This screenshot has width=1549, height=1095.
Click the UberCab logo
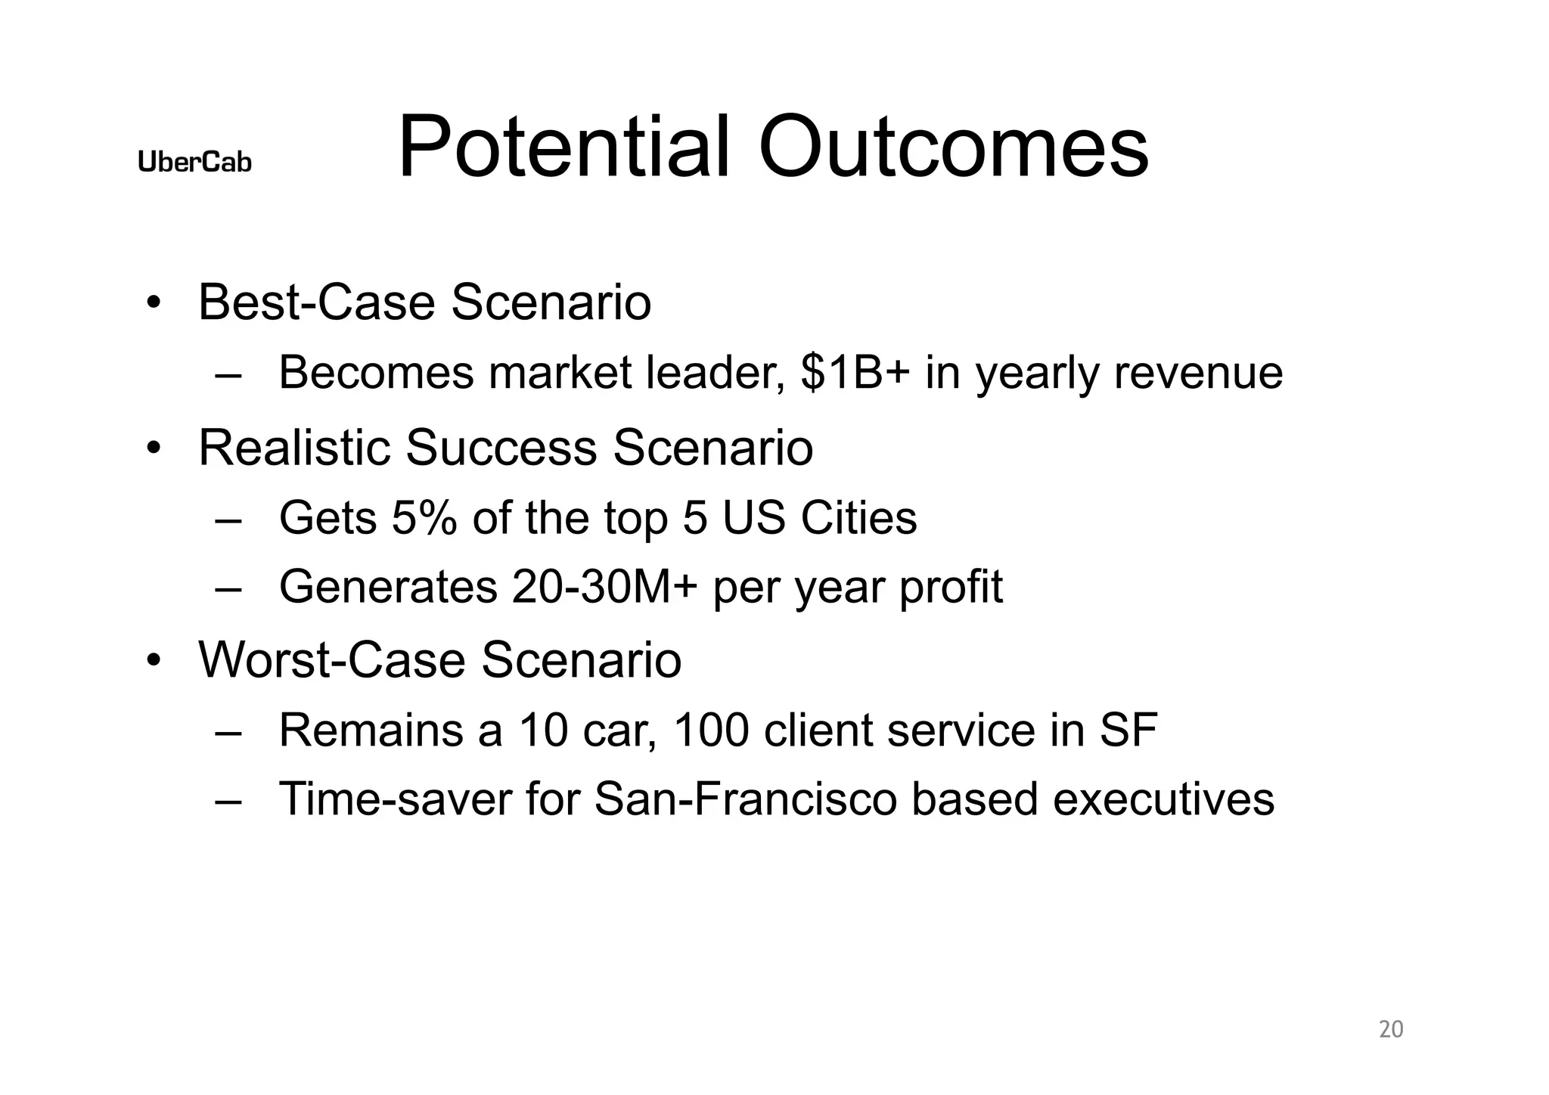coord(194,161)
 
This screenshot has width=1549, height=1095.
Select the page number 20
coord(1391,1029)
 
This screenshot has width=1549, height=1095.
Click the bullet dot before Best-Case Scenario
coord(154,303)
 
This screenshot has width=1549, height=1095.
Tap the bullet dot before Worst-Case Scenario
coord(154,661)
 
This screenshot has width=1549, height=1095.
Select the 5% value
coord(424,518)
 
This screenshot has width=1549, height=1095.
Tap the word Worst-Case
coord(332,659)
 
